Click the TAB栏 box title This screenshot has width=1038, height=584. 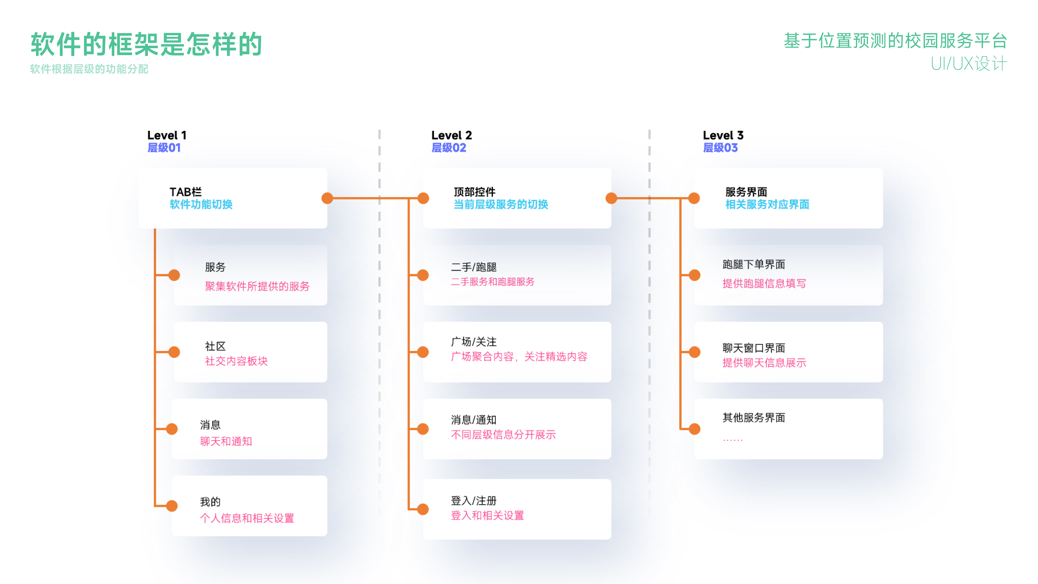(185, 192)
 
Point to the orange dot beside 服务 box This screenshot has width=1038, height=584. (174, 275)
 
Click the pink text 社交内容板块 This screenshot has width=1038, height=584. (236, 361)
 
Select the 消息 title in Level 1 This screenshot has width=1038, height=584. (210, 425)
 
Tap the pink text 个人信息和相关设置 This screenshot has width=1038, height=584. (247, 518)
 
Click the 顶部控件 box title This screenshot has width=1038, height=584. (474, 192)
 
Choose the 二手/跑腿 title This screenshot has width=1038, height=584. (474, 267)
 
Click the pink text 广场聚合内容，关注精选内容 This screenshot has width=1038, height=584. (519, 357)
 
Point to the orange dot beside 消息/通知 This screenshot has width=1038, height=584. (423, 429)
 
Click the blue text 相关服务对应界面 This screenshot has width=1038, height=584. (767, 205)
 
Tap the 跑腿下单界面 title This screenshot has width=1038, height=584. (754, 264)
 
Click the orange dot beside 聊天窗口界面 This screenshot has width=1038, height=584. (694, 352)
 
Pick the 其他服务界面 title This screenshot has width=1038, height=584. (754, 417)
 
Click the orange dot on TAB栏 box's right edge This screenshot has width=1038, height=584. (327, 198)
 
